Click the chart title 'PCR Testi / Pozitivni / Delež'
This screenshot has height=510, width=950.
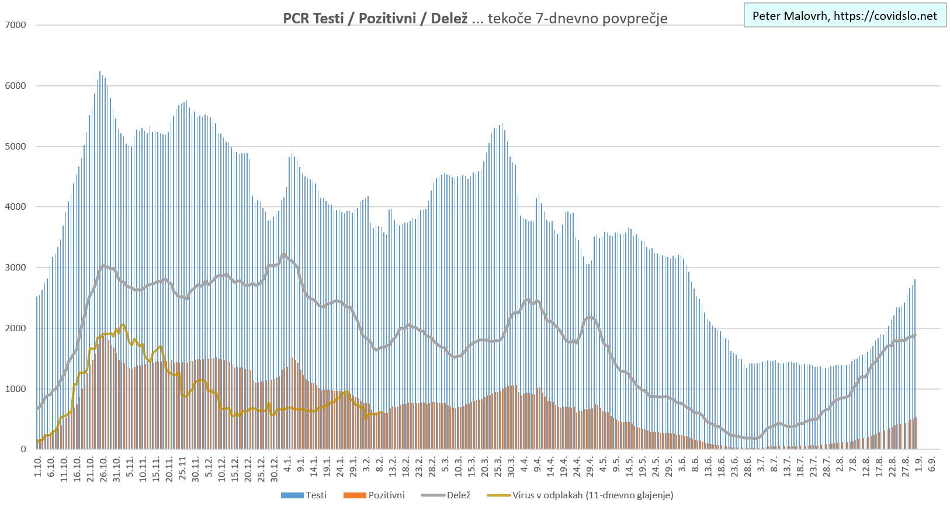click(x=375, y=18)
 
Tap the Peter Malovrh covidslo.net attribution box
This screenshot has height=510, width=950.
click(x=844, y=16)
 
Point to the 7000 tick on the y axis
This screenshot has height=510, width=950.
click(x=15, y=25)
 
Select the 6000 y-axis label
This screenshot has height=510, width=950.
click(x=15, y=86)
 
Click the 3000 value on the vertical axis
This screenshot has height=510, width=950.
click(x=15, y=268)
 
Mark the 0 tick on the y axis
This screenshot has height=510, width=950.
click(x=23, y=449)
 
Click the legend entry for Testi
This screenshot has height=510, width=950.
click(x=304, y=495)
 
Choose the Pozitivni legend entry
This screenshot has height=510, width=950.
click(x=374, y=495)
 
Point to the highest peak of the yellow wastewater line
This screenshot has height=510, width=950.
click(x=122, y=325)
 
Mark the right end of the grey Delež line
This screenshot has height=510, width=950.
click(x=915, y=335)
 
